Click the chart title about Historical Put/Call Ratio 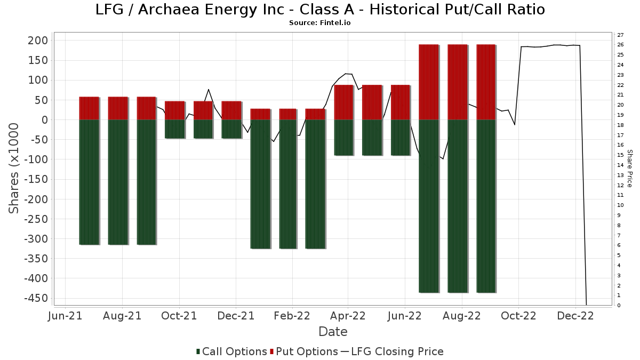[x=320, y=10]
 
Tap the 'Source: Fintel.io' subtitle [x=320, y=23]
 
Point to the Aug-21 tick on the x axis [x=122, y=316]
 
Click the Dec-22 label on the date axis [x=575, y=316]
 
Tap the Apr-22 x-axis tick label [x=348, y=316]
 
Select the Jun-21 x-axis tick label [x=66, y=316]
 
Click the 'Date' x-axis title [x=333, y=332]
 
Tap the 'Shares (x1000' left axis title [x=14, y=168]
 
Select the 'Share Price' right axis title [x=629, y=168]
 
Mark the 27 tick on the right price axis [x=621, y=35]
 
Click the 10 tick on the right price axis [x=621, y=205]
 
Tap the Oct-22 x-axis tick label [x=518, y=316]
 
